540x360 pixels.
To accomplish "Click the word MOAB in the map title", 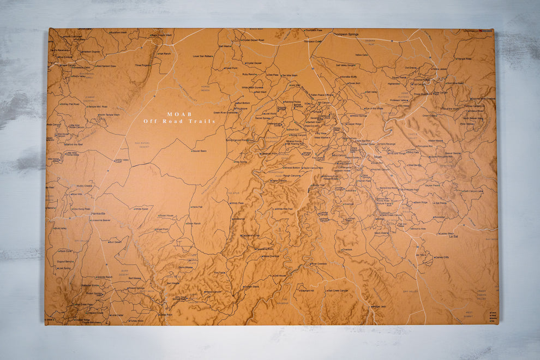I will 179,114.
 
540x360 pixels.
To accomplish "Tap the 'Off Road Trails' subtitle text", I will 179,121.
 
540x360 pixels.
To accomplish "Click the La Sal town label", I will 453,237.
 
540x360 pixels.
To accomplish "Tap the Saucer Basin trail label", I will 199,151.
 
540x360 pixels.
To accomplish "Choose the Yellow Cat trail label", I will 361,55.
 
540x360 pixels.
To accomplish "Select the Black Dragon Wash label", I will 161,35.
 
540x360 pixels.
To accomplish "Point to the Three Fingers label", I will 142,65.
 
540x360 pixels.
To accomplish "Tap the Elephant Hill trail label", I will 307,291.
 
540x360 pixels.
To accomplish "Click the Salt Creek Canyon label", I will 338,291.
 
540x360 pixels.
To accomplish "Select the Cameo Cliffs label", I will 442,257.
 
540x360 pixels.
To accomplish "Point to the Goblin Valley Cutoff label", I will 121,160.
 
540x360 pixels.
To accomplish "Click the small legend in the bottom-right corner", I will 493,316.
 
